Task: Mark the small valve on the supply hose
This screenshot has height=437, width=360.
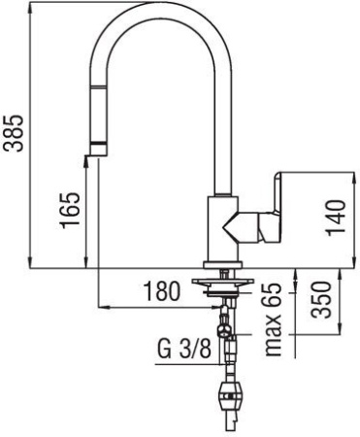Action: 225,339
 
